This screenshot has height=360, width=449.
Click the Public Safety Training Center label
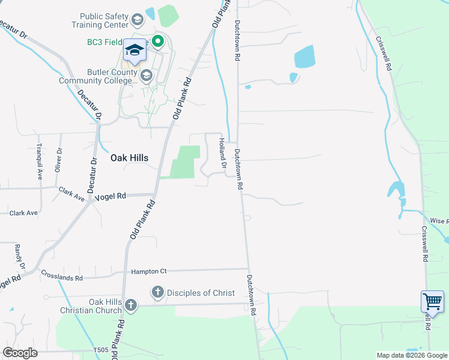click(x=100, y=20)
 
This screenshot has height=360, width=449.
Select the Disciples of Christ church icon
click(x=157, y=292)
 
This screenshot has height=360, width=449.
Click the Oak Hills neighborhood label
click(x=129, y=158)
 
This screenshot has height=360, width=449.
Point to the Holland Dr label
click(x=222, y=153)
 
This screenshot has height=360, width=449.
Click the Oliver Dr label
click(x=58, y=160)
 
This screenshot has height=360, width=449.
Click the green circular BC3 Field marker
click(x=158, y=42)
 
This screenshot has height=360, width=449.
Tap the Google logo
click(x=20, y=352)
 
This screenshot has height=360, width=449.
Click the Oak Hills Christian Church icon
click(x=130, y=306)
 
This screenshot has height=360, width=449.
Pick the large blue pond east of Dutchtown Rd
click(x=304, y=58)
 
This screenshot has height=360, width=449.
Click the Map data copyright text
click(x=411, y=355)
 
